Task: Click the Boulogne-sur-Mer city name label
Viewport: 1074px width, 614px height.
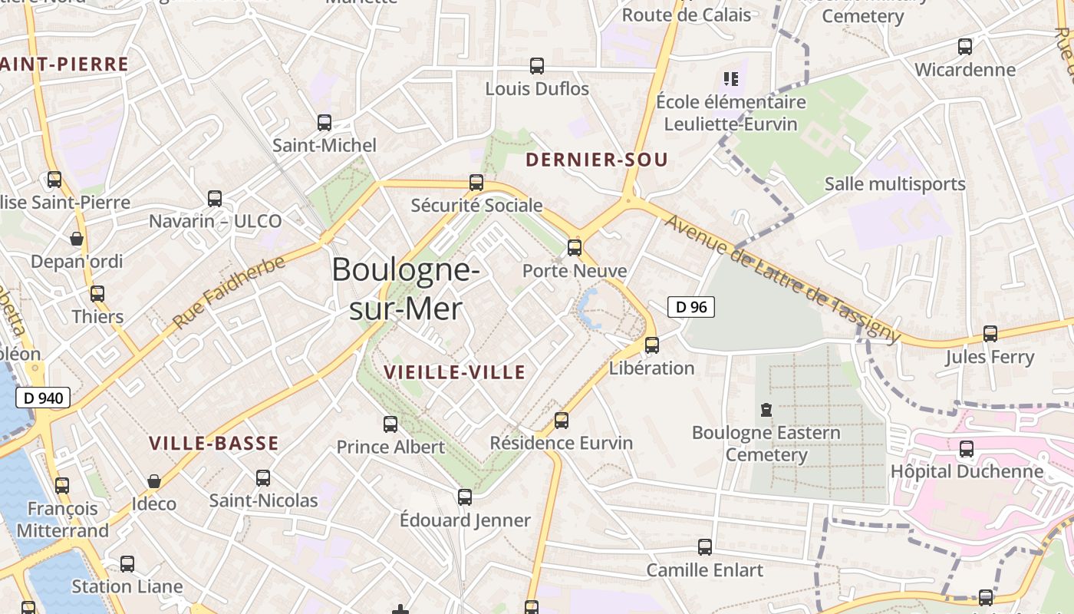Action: point(406,289)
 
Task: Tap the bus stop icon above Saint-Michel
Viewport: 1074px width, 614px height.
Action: point(325,123)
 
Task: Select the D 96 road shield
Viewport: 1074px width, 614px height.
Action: point(690,307)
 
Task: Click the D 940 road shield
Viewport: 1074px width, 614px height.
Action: point(42,398)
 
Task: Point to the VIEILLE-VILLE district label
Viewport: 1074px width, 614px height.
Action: point(454,373)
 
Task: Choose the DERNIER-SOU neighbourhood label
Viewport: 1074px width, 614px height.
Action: point(596,160)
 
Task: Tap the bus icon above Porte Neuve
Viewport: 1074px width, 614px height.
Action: point(575,248)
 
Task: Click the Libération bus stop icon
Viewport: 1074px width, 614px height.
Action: point(652,345)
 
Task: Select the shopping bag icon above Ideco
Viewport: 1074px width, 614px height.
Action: point(154,481)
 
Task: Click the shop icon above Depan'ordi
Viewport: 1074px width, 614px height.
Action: point(77,239)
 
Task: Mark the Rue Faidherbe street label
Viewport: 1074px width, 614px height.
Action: point(229,292)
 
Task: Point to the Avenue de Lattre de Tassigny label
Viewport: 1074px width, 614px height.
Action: point(782,278)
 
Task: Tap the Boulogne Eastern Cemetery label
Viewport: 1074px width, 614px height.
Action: point(766,444)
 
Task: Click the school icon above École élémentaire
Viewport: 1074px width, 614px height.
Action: point(730,78)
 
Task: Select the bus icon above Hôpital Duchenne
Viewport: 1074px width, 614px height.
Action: point(967,449)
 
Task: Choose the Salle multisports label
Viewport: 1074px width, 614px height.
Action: point(894,184)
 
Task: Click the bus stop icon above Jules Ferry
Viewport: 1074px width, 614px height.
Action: point(990,334)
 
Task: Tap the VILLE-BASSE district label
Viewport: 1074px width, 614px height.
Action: point(213,443)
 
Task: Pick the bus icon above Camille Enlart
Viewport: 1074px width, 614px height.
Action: point(705,547)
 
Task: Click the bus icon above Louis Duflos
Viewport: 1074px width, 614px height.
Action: point(537,67)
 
